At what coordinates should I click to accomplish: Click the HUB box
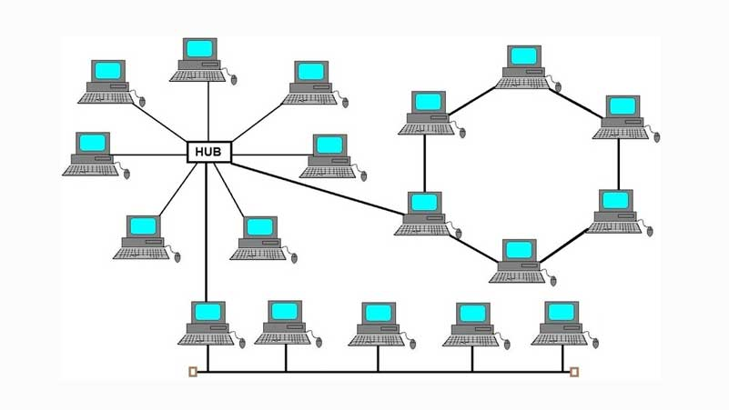pos(208,151)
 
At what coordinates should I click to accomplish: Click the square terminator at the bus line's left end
pos(192,371)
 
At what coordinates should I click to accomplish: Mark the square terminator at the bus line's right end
pos(574,371)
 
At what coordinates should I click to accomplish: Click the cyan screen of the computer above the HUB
pos(200,48)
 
